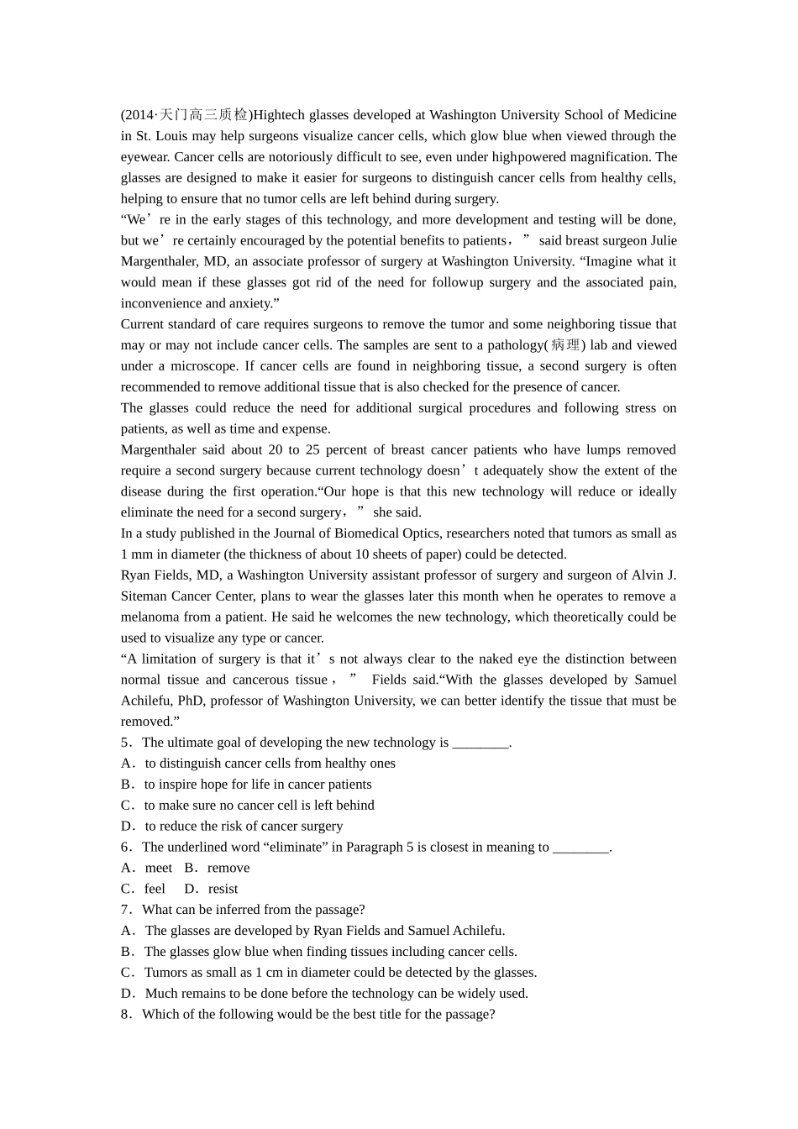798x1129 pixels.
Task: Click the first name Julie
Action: coord(663,240)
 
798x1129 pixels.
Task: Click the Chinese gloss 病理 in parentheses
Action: coord(566,345)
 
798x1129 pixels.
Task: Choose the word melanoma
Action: coord(150,617)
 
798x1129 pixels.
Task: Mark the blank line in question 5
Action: coord(480,743)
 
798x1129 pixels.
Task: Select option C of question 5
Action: coord(259,805)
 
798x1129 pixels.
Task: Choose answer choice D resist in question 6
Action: coord(223,889)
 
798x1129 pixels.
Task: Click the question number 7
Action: coord(125,910)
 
